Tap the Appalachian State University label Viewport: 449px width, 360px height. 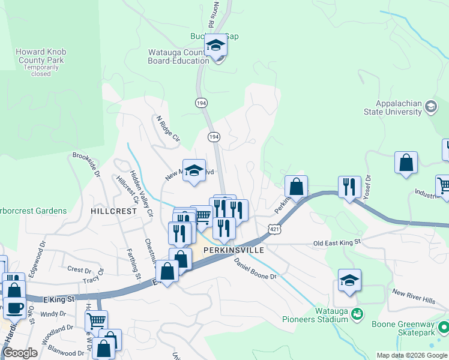click(x=393, y=107)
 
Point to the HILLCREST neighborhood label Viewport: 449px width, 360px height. click(x=114, y=211)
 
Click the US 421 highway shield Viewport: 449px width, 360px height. click(x=274, y=229)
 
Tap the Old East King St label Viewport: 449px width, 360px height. click(x=337, y=242)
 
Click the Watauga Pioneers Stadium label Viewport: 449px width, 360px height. click(x=332, y=315)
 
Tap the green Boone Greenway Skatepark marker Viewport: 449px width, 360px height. click(x=444, y=327)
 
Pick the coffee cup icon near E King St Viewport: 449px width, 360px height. click(x=16, y=308)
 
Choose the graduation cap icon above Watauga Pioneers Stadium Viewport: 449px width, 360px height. click(x=349, y=280)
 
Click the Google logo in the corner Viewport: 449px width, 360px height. click(x=20, y=353)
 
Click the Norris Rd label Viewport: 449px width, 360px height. click(x=211, y=15)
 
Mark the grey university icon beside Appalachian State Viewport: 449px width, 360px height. click(x=430, y=107)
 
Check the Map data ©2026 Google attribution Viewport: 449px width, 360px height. click(x=412, y=355)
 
